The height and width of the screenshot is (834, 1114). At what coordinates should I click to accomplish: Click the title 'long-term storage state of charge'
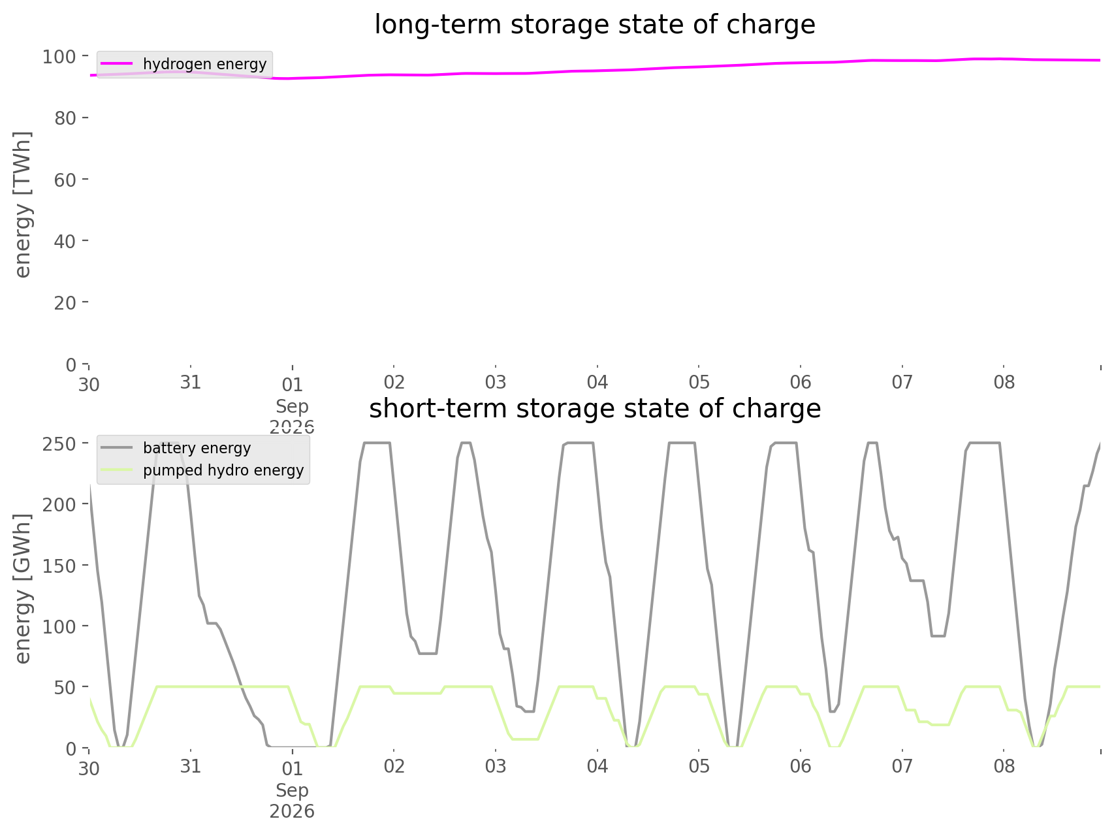594,25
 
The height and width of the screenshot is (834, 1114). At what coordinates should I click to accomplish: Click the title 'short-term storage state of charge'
594,409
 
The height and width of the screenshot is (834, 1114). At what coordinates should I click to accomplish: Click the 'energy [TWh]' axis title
23,204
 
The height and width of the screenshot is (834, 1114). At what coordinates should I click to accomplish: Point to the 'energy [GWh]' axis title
23,588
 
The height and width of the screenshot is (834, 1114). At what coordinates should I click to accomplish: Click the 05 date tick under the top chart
699,383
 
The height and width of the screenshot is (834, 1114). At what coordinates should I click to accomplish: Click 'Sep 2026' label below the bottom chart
292,801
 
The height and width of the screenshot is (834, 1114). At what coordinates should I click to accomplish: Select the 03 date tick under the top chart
496,383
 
